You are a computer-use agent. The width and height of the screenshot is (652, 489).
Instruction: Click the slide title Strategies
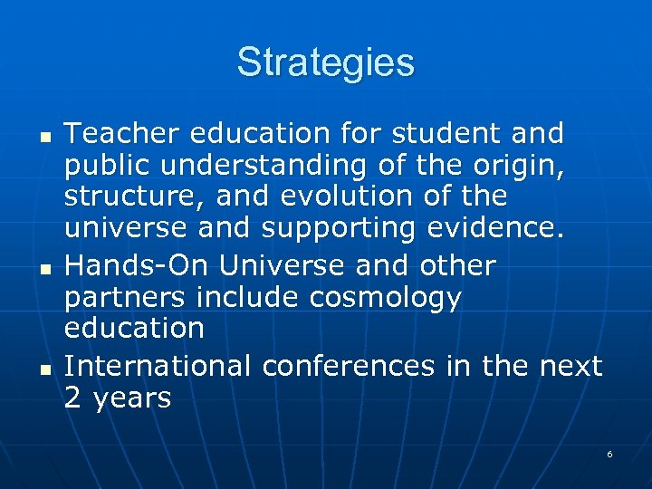tap(326, 63)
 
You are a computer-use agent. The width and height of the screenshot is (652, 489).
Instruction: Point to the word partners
tap(123, 298)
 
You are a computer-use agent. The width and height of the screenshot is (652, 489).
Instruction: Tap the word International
tap(158, 365)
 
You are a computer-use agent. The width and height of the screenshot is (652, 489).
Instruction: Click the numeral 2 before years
tap(72, 398)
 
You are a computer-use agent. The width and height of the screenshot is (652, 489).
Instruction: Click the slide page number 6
tap(609, 454)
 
